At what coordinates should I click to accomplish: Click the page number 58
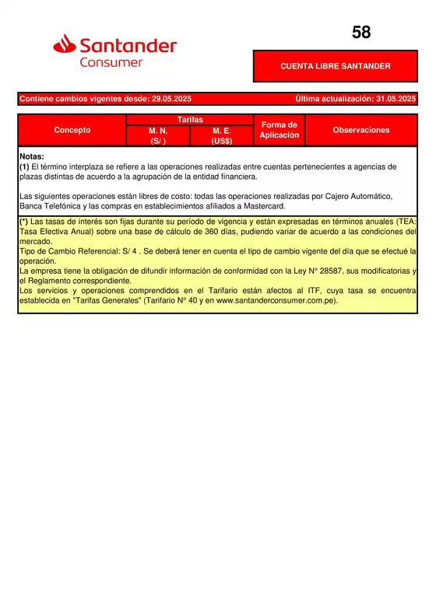pyautogui.click(x=361, y=33)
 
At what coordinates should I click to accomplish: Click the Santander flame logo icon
pyautogui.click(x=65, y=46)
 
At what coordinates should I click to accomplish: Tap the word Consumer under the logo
pyautogui.click(x=111, y=62)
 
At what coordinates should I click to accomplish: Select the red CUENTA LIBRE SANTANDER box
pyautogui.click(x=335, y=66)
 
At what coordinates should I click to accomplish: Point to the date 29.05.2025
pyautogui.click(x=167, y=99)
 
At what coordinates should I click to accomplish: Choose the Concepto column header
pyautogui.click(x=72, y=130)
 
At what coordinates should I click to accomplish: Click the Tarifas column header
pyautogui.click(x=190, y=119)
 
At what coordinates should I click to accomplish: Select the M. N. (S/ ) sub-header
pyautogui.click(x=158, y=136)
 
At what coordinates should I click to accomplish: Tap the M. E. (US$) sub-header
pyautogui.click(x=222, y=136)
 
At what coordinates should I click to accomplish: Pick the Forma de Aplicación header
pyautogui.click(x=280, y=130)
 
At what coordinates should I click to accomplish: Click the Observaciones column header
pyautogui.click(x=360, y=130)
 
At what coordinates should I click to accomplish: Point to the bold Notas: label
pyautogui.click(x=32, y=156)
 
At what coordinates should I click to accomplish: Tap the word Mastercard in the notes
pyautogui.click(x=263, y=207)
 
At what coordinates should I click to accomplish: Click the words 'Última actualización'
pyautogui.click(x=333, y=99)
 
